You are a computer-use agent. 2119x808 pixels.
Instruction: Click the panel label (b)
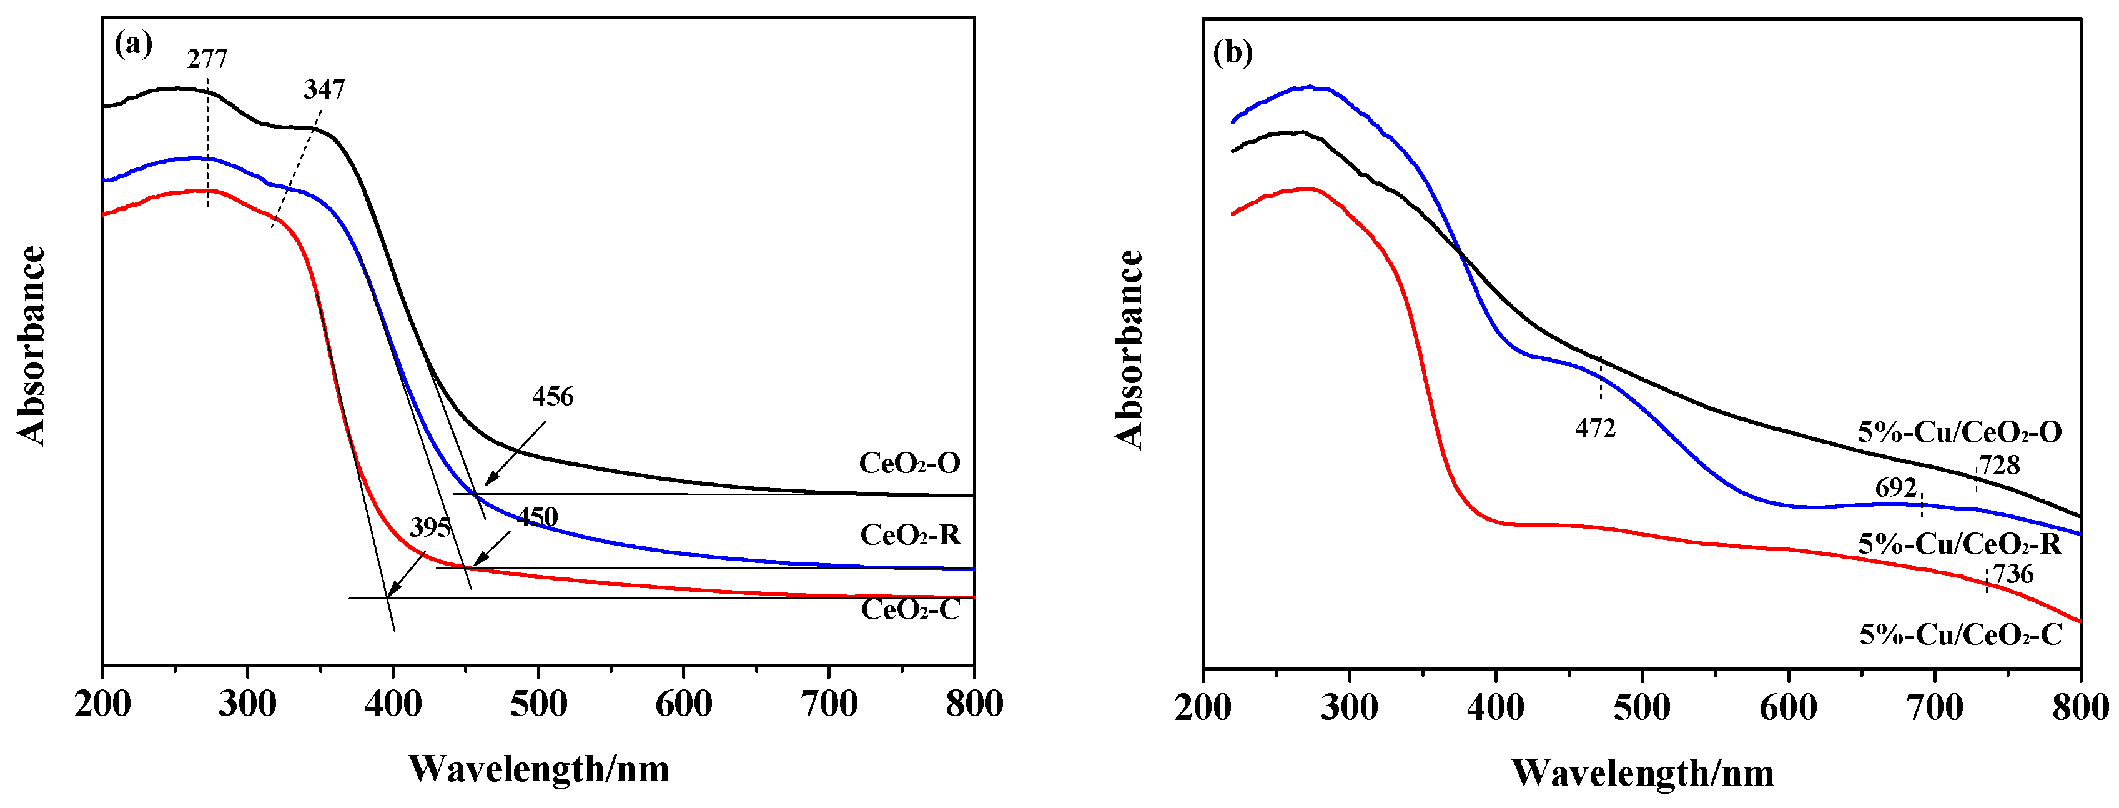click(x=1232, y=52)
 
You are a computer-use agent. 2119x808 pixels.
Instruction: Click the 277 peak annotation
click(x=207, y=59)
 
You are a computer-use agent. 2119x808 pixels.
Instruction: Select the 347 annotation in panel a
click(x=324, y=89)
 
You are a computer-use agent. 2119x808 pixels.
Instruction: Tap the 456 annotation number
click(x=552, y=397)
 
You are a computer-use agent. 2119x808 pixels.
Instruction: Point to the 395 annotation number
click(x=430, y=527)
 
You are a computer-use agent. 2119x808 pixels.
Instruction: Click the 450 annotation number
click(x=537, y=517)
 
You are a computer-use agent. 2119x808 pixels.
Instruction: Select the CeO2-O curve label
click(x=909, y=463)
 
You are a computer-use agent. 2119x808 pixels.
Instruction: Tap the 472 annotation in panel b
click(x=1595, y=429)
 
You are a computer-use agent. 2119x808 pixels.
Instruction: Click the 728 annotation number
click(x=1999, y=466)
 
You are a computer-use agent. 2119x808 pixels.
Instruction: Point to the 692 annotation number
click(x=1895, y=488)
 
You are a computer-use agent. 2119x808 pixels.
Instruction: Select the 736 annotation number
click(x=2012, y=574)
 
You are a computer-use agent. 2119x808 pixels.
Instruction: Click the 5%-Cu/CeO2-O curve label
click(x=1958, y=432)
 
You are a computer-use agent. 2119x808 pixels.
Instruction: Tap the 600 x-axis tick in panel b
click(x=1789, y=707)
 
